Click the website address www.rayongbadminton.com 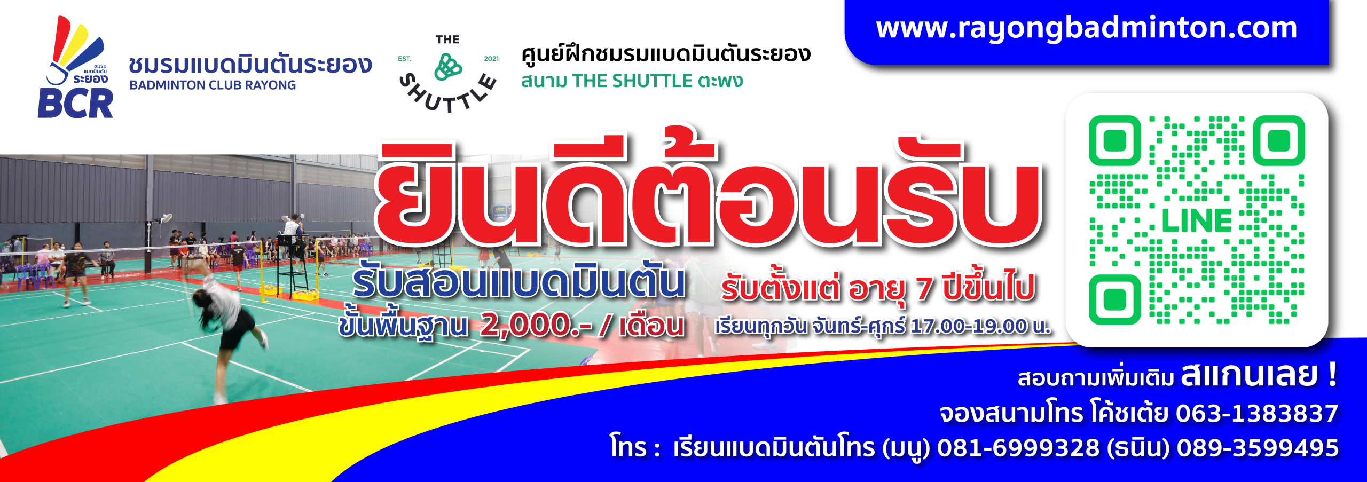[1086, 28]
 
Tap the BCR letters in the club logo [75, 103]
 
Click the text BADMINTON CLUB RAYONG [213, 85]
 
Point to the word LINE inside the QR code [1197, 221]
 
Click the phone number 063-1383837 [1257, 413]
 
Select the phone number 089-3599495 [1258, 448]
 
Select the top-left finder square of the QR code [1114, 141]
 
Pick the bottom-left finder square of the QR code [1114, 299]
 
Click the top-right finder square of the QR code [1279, 141]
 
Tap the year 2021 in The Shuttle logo [491, 59]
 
